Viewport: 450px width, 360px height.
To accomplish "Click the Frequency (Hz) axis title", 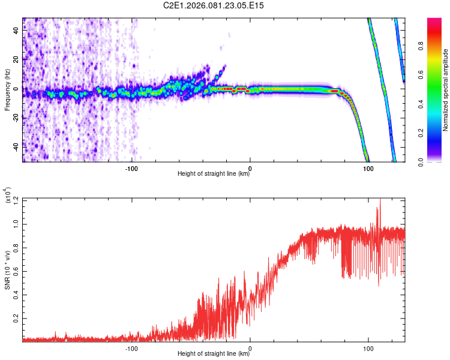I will pos(7,90).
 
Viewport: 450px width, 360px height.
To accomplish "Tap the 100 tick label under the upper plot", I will pos(367,167).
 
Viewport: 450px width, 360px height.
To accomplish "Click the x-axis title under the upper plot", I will pos(214,174).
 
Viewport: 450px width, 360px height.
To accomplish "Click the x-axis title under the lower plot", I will pos(214,354).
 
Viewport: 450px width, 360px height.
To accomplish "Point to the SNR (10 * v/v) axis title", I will pos(7,270).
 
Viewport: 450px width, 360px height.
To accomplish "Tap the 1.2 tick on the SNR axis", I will pos(16,199).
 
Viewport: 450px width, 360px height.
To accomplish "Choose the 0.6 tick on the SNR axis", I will pos(16,270).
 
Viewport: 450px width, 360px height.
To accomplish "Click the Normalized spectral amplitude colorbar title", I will pos(446,90).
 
